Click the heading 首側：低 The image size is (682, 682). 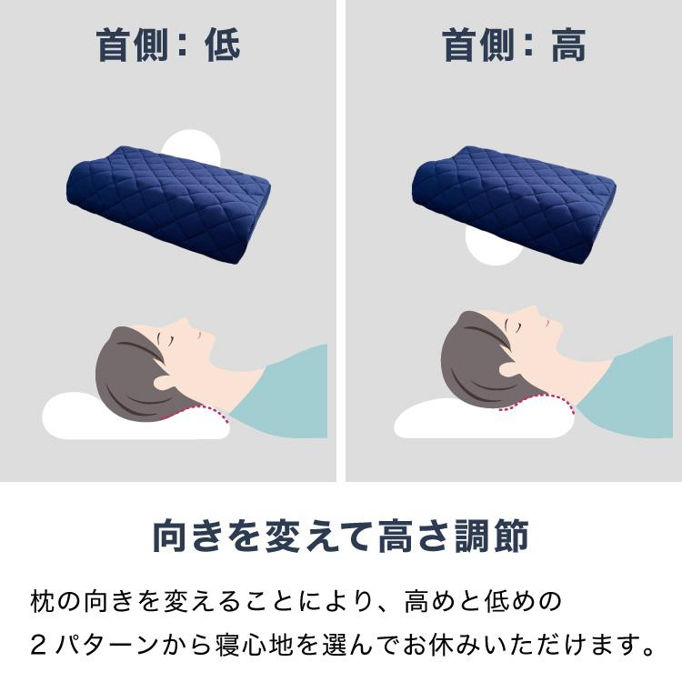[168, 45]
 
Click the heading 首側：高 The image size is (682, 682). [514, 45]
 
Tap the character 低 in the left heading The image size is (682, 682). [223, 45]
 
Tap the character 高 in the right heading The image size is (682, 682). [568, 45]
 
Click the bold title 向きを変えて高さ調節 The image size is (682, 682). [340, 537]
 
